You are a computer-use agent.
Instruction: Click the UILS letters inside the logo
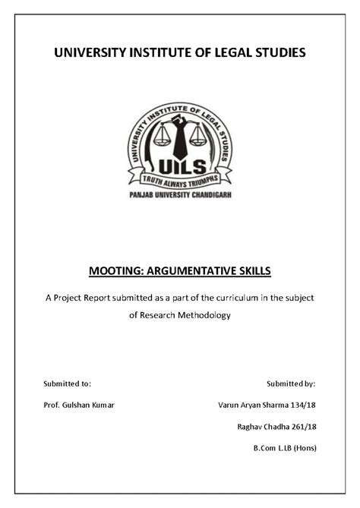180,166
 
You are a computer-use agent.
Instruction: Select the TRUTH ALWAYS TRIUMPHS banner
180,180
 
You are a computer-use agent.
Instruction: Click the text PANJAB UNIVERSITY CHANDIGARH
180,196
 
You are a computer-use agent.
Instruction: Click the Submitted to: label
68,383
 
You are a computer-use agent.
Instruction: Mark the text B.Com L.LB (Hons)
285,447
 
